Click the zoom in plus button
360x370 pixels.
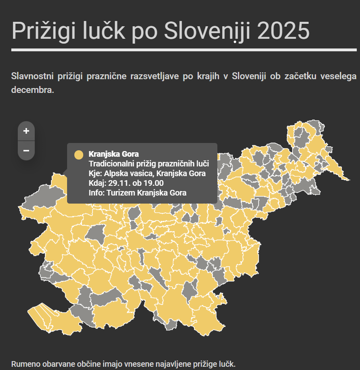pos(26,131)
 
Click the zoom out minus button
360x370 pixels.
pos(26,151)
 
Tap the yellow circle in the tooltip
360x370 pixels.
pos(79,154)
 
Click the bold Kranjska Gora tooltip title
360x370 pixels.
pos(114,154)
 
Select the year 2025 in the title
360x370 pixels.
pos(283,31)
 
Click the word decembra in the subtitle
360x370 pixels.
pos(32,90)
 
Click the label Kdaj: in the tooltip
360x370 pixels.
pos(97,183)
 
